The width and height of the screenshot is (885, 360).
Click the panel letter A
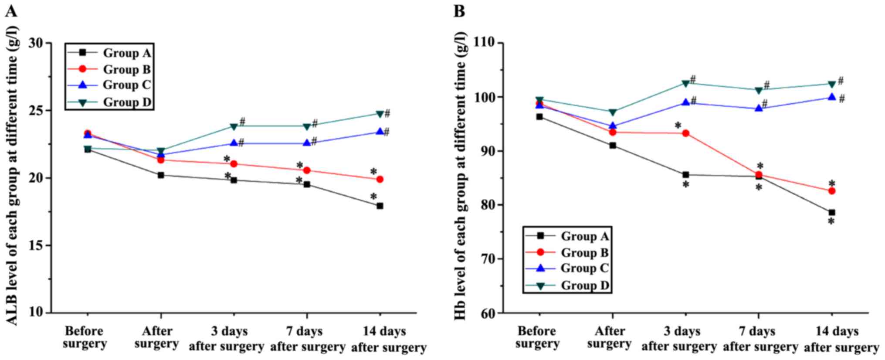(11, 11)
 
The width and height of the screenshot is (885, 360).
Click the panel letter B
(459, 11)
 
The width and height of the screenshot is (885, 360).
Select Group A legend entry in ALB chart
(126, 53)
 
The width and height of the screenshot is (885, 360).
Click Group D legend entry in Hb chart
(584, 285)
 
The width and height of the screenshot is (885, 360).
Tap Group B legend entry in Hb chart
(584, 252)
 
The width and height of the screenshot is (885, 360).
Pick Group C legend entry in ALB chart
(126, 85)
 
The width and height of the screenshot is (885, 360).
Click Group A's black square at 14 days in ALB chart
(380, 206)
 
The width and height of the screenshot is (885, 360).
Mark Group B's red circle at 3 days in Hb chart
(685, 133)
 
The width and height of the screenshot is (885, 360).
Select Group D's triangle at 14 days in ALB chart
(380, 114)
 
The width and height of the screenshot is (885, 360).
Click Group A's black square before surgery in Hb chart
(539, 117)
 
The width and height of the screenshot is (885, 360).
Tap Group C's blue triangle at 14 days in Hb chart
(831, 97)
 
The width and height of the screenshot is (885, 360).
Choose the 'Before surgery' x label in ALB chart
(85, 337)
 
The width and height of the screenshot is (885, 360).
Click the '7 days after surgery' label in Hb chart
(760, 339)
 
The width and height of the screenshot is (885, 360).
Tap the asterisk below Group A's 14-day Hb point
(831, 222)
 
